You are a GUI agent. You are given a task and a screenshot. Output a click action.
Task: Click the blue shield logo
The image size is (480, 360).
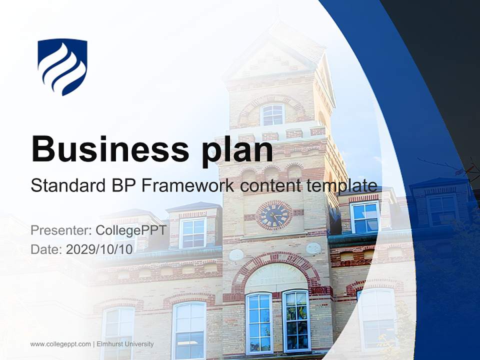click(x=62, y=66)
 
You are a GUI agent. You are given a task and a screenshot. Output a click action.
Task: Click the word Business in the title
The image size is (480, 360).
click(x=102, y=149)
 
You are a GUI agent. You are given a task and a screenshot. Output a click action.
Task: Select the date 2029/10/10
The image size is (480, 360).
click(x=99, y=249)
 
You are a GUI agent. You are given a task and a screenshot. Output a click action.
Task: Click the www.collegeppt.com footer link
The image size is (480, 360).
click(x=60, y=344)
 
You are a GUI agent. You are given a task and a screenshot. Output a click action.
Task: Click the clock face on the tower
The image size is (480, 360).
click(x=273, y=215)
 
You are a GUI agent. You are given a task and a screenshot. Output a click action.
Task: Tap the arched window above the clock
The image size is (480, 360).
click(x=272, y=115)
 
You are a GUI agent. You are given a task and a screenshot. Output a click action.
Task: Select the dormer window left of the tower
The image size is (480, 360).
click(x=192, y=233)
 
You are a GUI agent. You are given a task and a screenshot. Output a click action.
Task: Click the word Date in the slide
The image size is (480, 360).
click(x=42, y=249)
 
